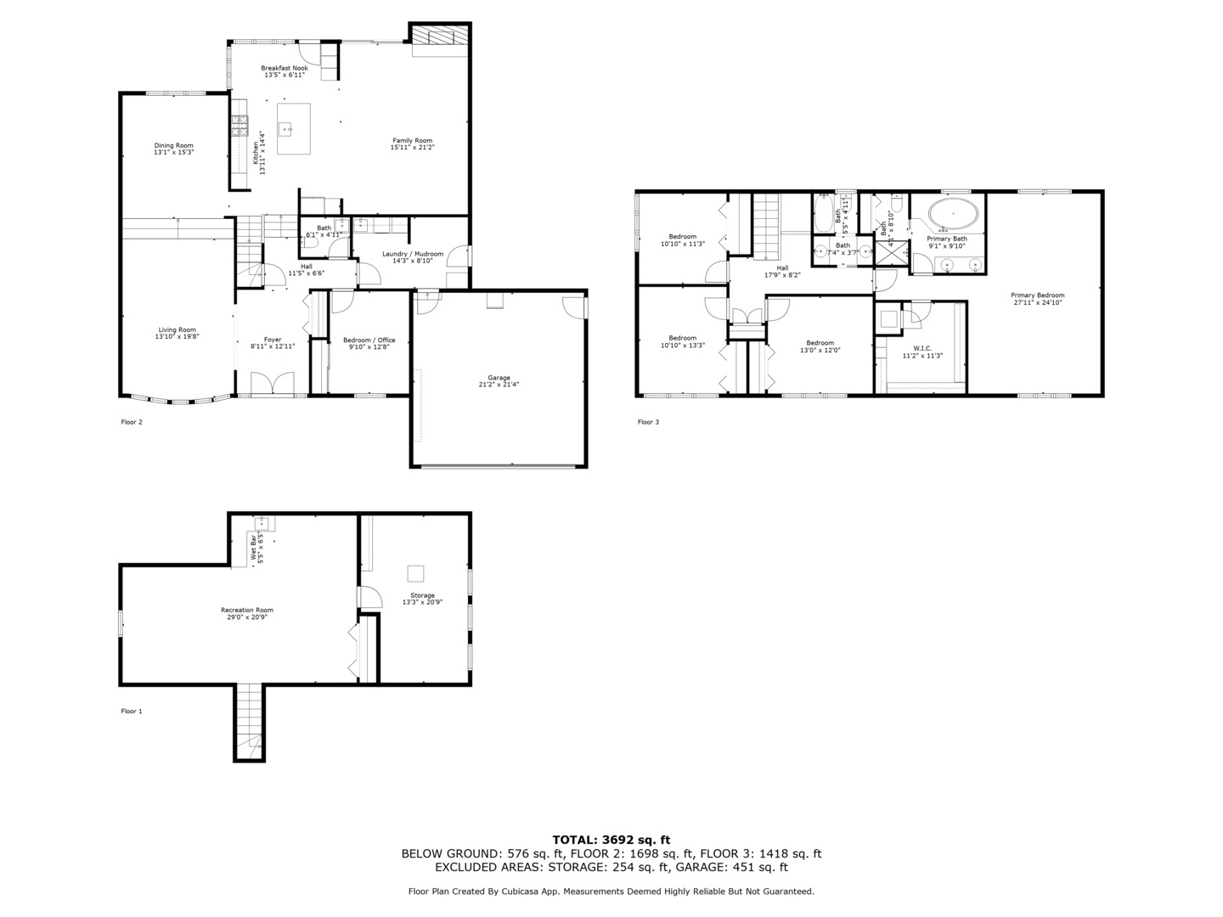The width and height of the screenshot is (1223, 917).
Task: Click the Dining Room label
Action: click(x=173, y=145)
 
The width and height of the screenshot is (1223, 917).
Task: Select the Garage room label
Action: click(x=499, y=378)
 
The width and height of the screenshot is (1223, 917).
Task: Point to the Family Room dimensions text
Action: click(x=412, y=148)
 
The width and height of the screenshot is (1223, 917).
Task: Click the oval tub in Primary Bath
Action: click(x=952, y=214)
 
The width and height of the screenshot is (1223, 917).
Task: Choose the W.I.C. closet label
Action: click(x=922, y=348)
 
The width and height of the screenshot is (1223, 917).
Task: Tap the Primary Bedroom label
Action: click(x=1037, y=295)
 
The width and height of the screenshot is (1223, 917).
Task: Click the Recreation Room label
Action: click(x=247, y=610)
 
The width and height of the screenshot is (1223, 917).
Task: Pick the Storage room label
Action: click(x=422, y=595)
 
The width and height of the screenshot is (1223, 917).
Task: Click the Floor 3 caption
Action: click(x=648, y=422)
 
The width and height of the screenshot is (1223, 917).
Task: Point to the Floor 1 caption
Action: click(x=132, y=712)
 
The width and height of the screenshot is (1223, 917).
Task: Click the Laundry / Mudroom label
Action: click(x=412, y=254)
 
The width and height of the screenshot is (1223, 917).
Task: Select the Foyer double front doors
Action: click(x=273, y=384)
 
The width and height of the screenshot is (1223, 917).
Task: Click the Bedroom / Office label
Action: click(x=369, y=340)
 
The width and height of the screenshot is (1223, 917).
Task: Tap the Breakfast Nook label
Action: click(x=284, y=68)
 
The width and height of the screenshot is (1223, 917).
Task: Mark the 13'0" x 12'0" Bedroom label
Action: click(x=820, y=343)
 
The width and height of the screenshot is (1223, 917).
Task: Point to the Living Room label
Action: click(x=177, y=329)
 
